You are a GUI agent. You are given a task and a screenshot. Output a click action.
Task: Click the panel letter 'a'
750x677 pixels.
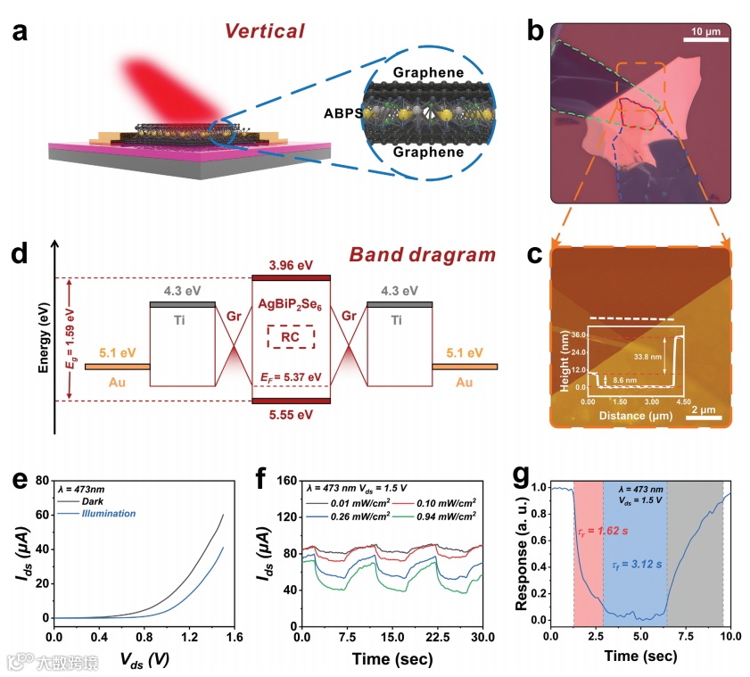[x=20, y=35]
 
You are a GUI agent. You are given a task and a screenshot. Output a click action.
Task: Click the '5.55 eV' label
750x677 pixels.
[x=292, y=414]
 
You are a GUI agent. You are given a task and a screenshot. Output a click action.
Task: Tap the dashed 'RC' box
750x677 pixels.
[x=290, y=336]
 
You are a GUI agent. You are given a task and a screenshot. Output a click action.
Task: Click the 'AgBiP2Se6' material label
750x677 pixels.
[x=291, y=302]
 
